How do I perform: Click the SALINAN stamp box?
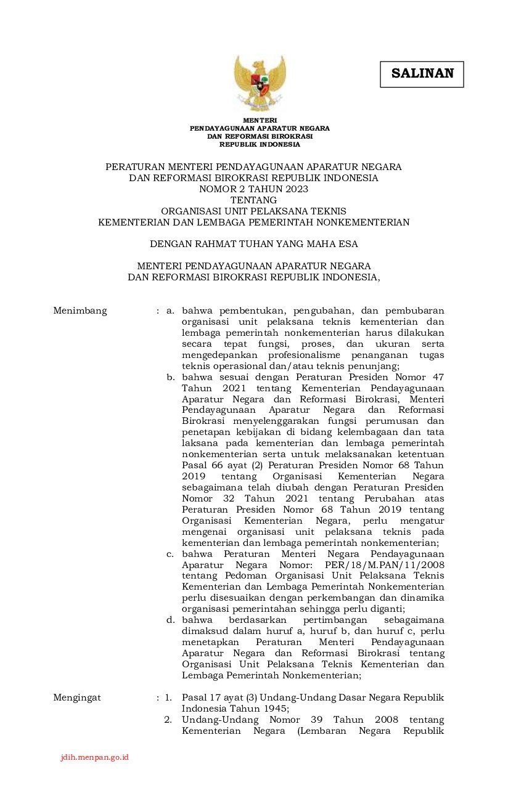(x=422, y=74)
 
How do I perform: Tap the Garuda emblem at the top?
(x=260, y=83)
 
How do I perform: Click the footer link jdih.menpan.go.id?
(x=94, y=757)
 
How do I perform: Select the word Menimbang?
(x=80, y=311)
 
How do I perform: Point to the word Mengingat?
(x=77, y=697)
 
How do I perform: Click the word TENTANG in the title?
(x=253, y=200)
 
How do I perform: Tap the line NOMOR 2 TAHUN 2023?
(x=253, y=189)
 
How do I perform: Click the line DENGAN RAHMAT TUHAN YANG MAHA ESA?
(x=253, y=244)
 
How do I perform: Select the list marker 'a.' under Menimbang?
(x=170, y=311)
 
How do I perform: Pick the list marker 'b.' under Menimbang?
(x=171, y=377)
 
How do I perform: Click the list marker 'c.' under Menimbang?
(x=170, y=554)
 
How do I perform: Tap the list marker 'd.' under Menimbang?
(x=171, y=620)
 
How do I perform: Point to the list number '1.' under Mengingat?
(x=168, y=697)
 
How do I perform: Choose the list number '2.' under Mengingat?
(x=168, y=720)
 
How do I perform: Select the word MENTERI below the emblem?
(x=260, y=120)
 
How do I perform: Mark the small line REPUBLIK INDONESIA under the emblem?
(x=260, y=145)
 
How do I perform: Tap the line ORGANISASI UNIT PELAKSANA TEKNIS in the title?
(x=253, y=211)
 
